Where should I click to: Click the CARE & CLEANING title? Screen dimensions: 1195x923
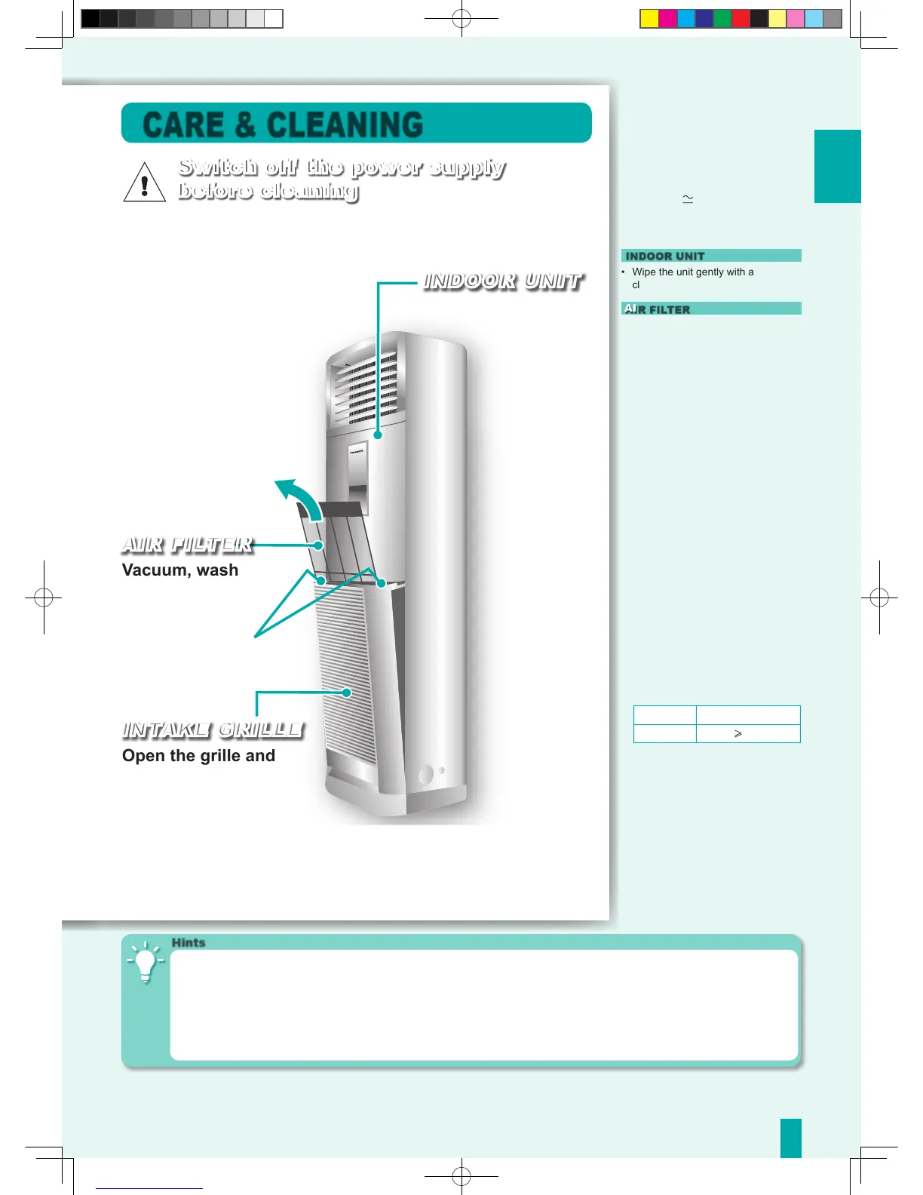pyautogui.click(x=283, y=124)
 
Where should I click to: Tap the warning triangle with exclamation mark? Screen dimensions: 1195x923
pyautogui.click(x=144, y=183)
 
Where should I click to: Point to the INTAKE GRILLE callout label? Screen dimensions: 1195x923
pyautogui.click(x=212, y=730)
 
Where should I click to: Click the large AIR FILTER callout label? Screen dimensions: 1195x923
pyautogui.click(x=187, y=545)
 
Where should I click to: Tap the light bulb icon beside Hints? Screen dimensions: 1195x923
pyautogui.click(x=146, y=963)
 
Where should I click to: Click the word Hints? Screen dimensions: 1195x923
pyautogui.click(x=188, y=942)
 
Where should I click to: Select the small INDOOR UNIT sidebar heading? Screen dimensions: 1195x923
pyautogui.click(x=664, y=256)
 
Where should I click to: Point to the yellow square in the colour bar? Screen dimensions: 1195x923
pyautogui.click(x=649, y=19)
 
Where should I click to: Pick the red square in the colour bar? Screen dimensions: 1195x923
pyautogui.click(x=741, y=19)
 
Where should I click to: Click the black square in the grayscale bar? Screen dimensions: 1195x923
pyautogui.click(x=90, y=19)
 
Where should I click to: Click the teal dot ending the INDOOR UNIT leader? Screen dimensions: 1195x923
pyautogui.click(x=378, y=435)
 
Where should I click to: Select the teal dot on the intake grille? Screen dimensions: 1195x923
pyautogui.click(x=347, y=693)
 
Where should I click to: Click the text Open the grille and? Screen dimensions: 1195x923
pyautogui.click(x=198, y=756)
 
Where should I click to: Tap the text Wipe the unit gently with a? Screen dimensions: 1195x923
pyautogui.click(x=692, y=272)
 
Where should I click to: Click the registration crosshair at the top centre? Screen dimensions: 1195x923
pyautogui.click(x=461, y=19)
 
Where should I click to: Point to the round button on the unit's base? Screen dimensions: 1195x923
pyautogui.click(x=425, y=774)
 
